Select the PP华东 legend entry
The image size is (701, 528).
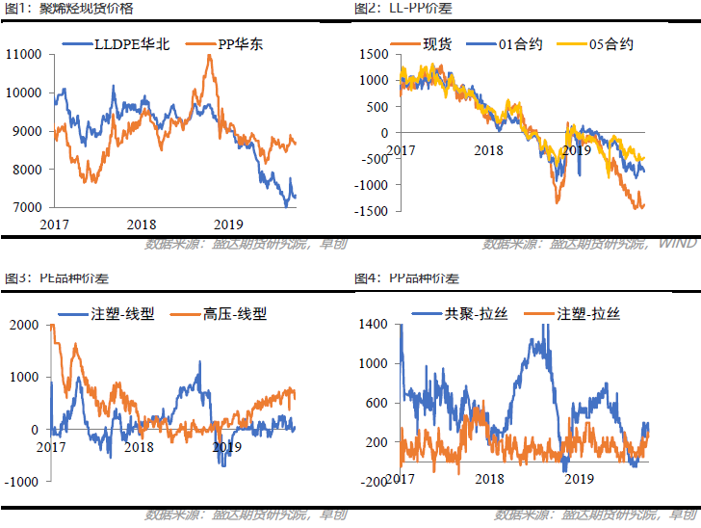[230, 43]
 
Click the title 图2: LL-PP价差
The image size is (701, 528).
[403, 8]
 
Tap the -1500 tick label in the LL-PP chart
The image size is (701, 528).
[371, 210]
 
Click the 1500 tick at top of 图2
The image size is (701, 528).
[374, 54]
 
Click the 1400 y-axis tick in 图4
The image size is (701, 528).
[374, 325]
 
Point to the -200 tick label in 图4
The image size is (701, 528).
[374, 480]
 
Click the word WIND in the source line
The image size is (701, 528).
[679, 243]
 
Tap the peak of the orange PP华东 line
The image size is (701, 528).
[210, 56]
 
